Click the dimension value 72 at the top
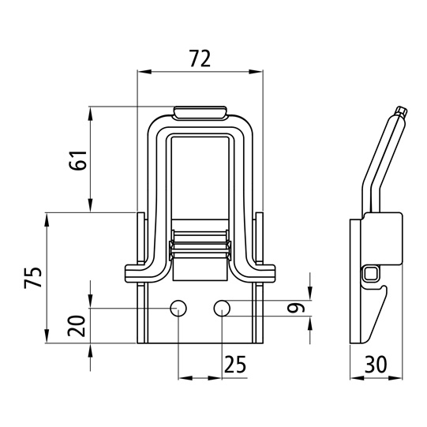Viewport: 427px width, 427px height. click(x=200, y=58)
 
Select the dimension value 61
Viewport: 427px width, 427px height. click(x=77, y=160)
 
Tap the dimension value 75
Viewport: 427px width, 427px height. click(x=33, y=278)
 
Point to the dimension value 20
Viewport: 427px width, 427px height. click(x=77, y=326)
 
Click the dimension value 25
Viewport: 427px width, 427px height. click(x=235, y=364)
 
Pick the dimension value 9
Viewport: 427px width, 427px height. click(x=296, y=309)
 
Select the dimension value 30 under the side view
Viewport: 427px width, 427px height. click(x=376, y=364)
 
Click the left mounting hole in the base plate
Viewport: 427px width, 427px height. click(x=178, y=309)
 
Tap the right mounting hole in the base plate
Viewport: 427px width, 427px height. click(x=222, y=309)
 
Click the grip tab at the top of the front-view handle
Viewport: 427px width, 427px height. click(x=200, y=112)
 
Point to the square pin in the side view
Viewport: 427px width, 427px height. click(x=370, y=274)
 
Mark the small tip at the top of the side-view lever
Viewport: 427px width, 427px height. click(x=402, y=111)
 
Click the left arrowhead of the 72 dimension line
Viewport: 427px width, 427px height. click(x=144, y=72)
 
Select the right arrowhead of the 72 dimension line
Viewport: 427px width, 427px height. click(x=256, y=72)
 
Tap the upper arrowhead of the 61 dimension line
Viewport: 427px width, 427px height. click(x=91, y=114)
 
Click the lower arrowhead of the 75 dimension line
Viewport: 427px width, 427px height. click(x=47, y=336)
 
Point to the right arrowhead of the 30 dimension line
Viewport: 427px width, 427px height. click(x=395, y=378)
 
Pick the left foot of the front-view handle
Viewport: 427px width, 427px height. click(x=137, y=273)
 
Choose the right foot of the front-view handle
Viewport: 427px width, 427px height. click(x=264, y=273)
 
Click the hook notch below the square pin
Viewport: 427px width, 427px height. click(x=382, y=287)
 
